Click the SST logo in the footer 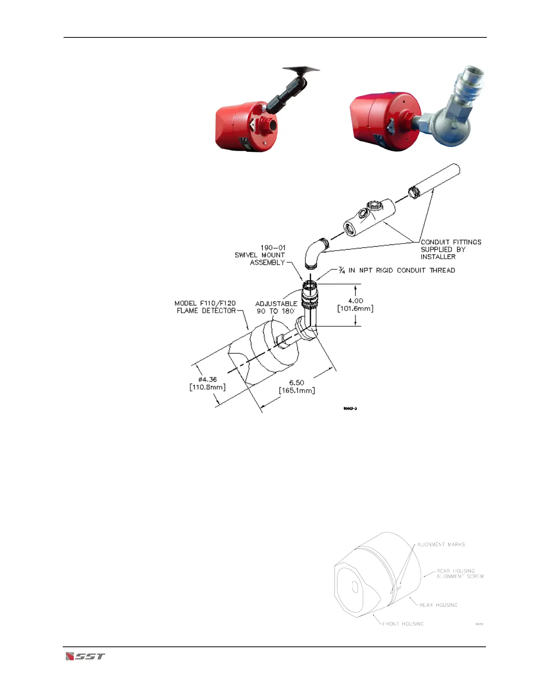[85, 656]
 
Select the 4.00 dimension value [355, 301]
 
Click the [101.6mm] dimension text [355, 308]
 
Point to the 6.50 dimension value [297, 383]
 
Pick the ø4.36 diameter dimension [207, 380]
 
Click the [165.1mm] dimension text [297, 391]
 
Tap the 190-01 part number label [273, 248]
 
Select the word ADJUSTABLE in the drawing [276, 304]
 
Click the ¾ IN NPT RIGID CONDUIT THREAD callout [397, 271]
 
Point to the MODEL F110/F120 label [205, 303]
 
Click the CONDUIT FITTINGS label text [451, 242]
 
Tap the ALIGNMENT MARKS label [441, 545]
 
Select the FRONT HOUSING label [403, 624]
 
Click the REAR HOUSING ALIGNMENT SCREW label [460, 573]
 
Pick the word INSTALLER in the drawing [438, 257]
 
